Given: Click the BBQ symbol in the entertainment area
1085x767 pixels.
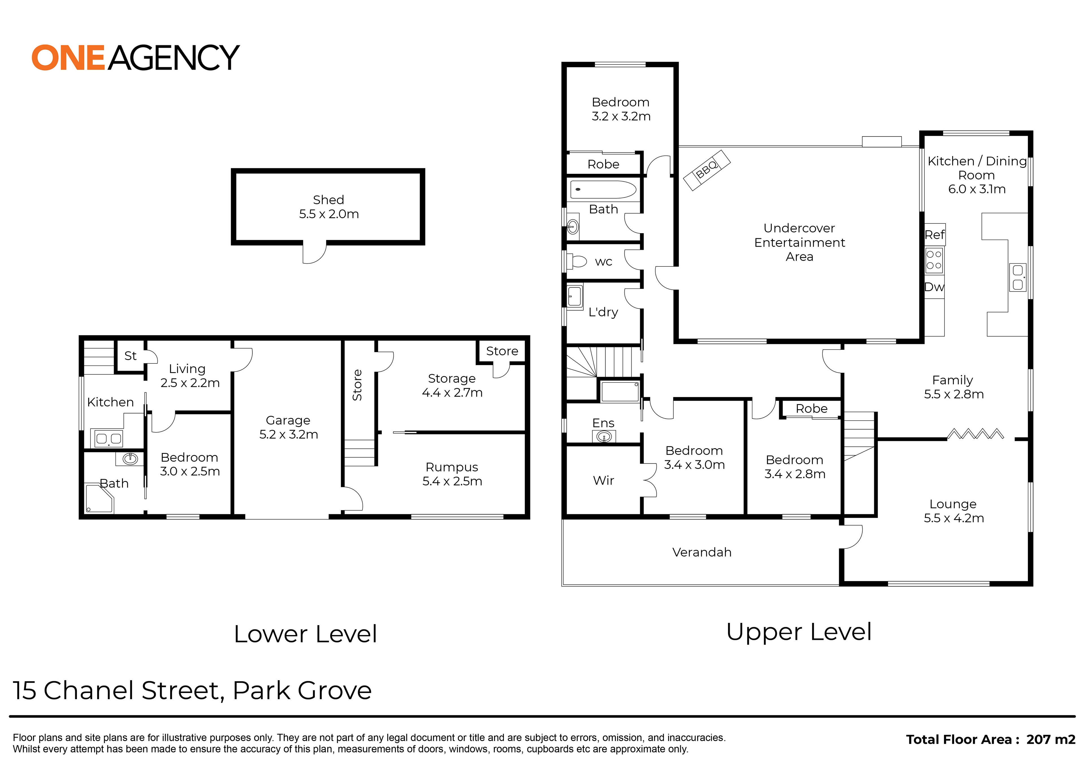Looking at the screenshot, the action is pos(707,170).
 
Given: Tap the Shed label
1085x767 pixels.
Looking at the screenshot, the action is pos(328,200).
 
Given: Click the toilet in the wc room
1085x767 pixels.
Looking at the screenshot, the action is pos(577,261).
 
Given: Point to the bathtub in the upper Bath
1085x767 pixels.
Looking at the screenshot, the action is pos(603,190).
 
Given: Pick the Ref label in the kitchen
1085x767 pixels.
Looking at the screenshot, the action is pos(934,235).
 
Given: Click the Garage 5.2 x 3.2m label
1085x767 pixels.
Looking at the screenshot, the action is pos(288,427).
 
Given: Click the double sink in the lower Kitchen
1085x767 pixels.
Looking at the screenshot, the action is pos(109,439).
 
